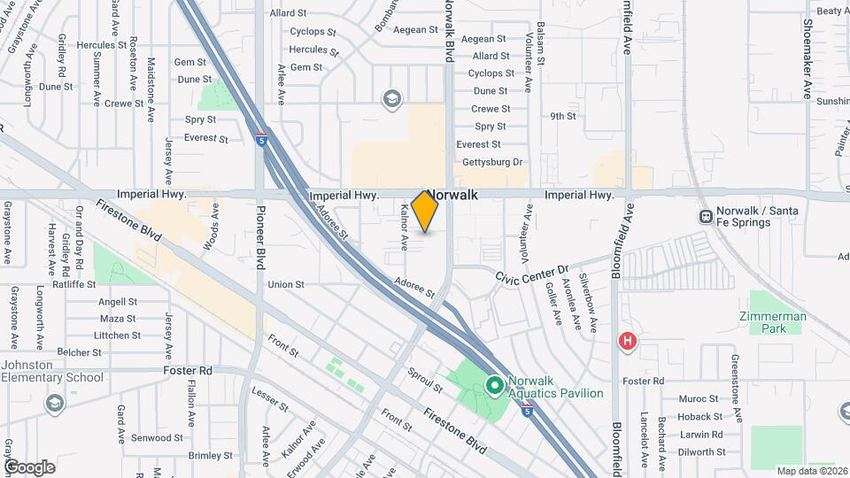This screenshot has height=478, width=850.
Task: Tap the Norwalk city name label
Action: point(452,195)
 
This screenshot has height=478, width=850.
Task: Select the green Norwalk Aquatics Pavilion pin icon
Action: point(493,385)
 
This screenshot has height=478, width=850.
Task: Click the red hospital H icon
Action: point(628,341)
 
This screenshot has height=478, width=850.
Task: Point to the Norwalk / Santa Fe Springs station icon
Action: point(706,216)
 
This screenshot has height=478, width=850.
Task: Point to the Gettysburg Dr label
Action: point(494,162)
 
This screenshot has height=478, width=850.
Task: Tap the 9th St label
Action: point(562,116)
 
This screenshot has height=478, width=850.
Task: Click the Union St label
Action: point(286,285)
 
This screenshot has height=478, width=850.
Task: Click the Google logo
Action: point(29,466)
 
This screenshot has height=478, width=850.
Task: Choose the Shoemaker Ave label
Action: point(807,58)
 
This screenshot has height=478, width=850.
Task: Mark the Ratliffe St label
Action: point(73,284)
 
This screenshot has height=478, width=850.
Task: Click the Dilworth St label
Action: point(702,451)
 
